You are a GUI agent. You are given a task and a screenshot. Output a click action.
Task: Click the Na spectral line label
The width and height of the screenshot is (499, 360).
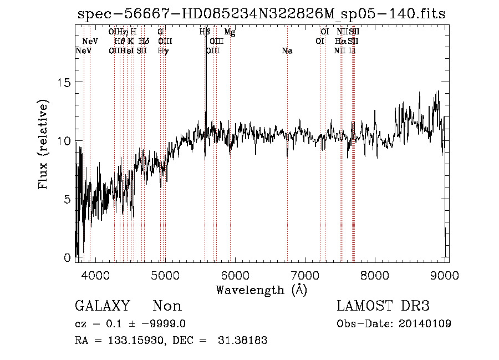[x=287, y=51]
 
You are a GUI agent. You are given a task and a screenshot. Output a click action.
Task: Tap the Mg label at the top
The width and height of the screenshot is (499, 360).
[x=230, y=32]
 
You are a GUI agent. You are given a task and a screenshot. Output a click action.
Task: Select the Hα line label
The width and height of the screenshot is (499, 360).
[x=340, y=42]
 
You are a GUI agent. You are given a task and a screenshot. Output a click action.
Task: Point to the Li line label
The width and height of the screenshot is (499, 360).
[x=352, y=51]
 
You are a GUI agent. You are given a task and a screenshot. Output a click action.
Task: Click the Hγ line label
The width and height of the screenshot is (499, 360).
[x=162, y=51]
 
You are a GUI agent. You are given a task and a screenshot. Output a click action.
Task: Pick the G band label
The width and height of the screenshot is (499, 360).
[x=160, y=32]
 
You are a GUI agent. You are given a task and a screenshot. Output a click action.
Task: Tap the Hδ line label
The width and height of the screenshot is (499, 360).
[x=144, y=42]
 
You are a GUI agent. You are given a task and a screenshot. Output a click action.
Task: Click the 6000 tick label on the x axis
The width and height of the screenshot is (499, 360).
[x=235, y=276]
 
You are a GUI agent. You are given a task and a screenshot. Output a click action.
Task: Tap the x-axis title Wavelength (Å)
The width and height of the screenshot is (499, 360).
[x=261, y=290]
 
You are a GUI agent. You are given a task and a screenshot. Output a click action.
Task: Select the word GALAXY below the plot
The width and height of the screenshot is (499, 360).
[x=102, y=306]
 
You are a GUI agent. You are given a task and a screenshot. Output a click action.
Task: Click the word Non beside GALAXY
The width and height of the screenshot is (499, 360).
[x=167, y=306]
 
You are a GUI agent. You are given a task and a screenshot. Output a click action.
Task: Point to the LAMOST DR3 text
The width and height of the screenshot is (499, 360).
[x=383, y=306]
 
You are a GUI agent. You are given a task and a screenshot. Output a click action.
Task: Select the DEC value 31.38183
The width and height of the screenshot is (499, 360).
[x=243, y=341]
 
